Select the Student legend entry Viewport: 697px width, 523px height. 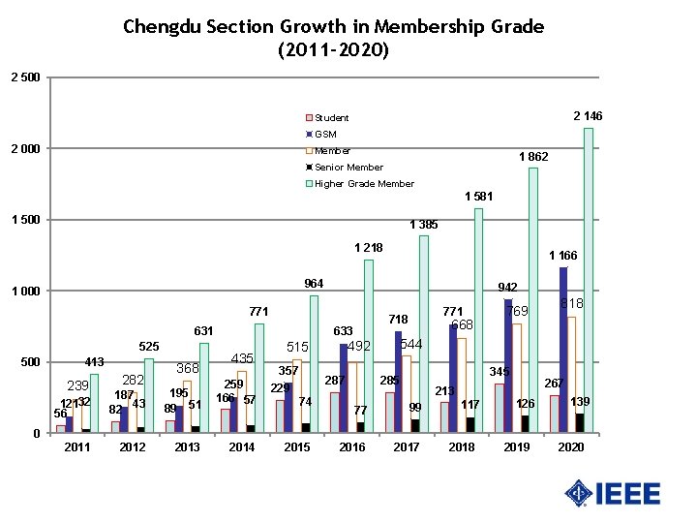pyautogui.click(x=329, y=118)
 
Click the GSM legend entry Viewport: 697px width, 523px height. pyautogui.click(x=324, y=134)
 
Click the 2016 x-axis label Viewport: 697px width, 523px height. pyautogui.click(x=351, y=447)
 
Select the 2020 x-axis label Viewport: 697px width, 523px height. pyautogui.click(x=571, y=447)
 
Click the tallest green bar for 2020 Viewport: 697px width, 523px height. pyautogui.click(x=589, y=281)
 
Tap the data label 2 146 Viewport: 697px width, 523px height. pyautogui.click(x=587, y=116)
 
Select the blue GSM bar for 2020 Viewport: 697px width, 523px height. pyautogui.click(x=563, y=349)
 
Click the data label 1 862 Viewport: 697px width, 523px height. pyautogui.click(x=533, y=157)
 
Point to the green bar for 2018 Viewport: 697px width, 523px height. pyautogui.click(x=478, y=320)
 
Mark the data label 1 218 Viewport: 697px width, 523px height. pyautogui.click(x=369, y=248)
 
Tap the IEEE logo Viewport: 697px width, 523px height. pyautogui.click(x=613, y=494)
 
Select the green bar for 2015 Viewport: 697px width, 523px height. pyautogui.click(x=314, y=364)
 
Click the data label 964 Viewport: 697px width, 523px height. pyautogui.click(x=314, y=284)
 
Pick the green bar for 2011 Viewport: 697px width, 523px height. pyautogui.click(x=94, y=403)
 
